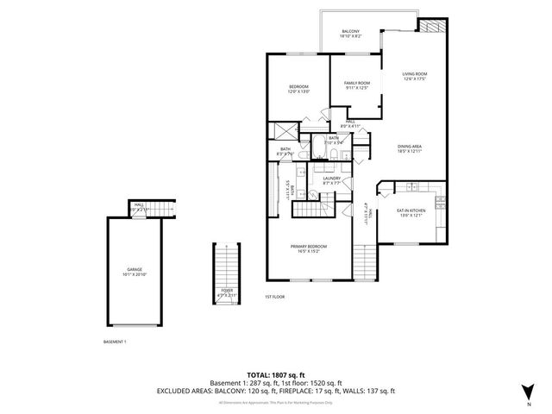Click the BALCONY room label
click(350, 33)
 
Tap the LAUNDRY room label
click(332, 181)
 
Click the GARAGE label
click(135, 272)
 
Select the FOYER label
click(226, 293)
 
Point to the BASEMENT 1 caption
click(114, 342)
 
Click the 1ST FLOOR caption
click(275, 297)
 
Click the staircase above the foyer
click(226, 263)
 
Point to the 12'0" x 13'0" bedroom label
click(298, 89)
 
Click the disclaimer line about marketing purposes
click(276, 402)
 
